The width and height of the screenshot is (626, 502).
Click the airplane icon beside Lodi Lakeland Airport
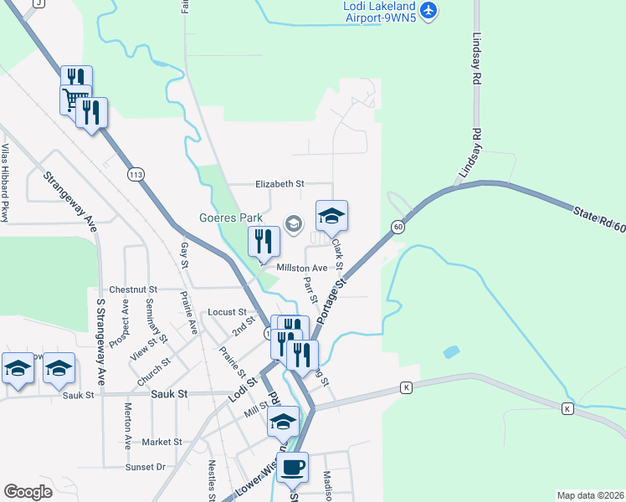coord(429,10)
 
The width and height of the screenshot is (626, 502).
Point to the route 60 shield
coord(398,226)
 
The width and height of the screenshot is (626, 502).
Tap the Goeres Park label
coord(230,218)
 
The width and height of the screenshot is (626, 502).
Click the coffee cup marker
coord(292,468)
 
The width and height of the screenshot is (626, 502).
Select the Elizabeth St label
coord(280,183)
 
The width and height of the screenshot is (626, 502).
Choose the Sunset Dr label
coord(146,467)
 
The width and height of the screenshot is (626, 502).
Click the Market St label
coord(162,442)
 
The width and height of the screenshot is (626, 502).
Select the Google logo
coord(28,491)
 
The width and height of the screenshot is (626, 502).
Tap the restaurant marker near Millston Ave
coord(264,242)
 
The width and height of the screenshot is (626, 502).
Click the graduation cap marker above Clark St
coord(331,216)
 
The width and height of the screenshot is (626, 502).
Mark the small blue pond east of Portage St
coord(452,352)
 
